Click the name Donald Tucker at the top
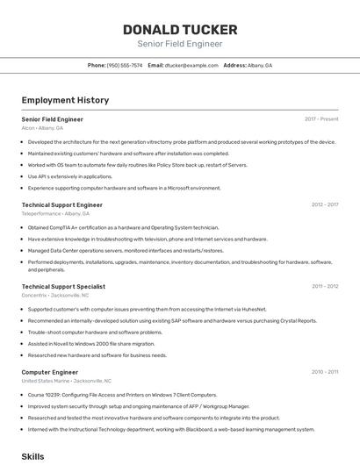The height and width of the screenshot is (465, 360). [x=179, y=29]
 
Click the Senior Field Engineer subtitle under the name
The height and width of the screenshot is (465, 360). [x=179, y=44]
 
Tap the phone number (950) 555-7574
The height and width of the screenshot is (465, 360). [x=124, y=65]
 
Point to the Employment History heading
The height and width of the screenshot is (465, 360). [x=65, y=100]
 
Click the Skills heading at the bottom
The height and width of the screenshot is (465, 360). [x=32, y=456]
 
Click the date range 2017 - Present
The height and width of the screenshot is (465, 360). [x=321, y=118]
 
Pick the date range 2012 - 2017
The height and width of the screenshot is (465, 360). [x=324, y=204]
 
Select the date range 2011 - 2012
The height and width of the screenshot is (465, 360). [x=324, y=286]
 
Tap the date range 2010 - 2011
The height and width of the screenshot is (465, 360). [x=324, y=372]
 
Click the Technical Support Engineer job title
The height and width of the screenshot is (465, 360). [x=61, y=204]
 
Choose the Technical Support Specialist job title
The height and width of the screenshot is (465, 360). [x=63, y=286]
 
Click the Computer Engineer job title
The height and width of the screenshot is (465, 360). [x=50, y=372]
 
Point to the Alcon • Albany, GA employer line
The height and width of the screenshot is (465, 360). [x=42, y=127]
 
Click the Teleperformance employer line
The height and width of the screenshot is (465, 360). [x=55, y=213]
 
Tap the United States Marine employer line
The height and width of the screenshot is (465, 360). [x=66, y=381]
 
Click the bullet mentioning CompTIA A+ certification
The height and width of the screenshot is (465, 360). [x=123, y=227]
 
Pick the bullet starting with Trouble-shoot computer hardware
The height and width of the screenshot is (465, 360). [x=95, y=333]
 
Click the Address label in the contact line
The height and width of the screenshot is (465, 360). [x=234, y=65]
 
